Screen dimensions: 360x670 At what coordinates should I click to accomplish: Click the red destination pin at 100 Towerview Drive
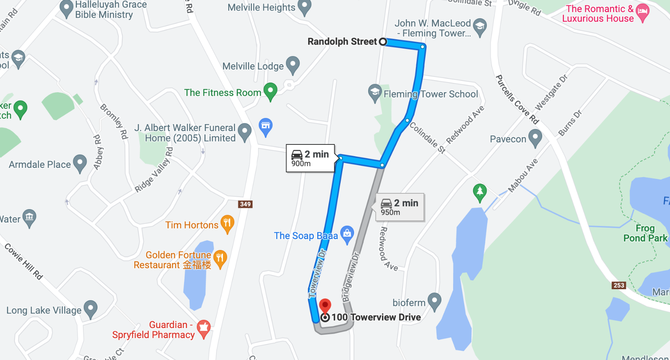point(325,305)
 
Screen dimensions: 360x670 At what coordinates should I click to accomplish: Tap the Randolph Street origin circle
point(383,42)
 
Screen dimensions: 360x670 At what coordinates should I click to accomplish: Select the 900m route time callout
point(310,158)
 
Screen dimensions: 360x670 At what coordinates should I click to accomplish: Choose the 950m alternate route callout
point(400,207)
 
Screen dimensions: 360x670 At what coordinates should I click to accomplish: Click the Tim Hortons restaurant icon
point(227,223)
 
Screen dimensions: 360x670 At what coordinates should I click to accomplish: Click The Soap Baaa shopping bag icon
point(347,234)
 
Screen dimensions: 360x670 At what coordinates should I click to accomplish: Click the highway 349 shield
point(245,204)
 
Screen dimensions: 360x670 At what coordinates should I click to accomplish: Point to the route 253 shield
point(619,285)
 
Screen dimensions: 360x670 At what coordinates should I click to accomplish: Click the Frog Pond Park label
point(645,233)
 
